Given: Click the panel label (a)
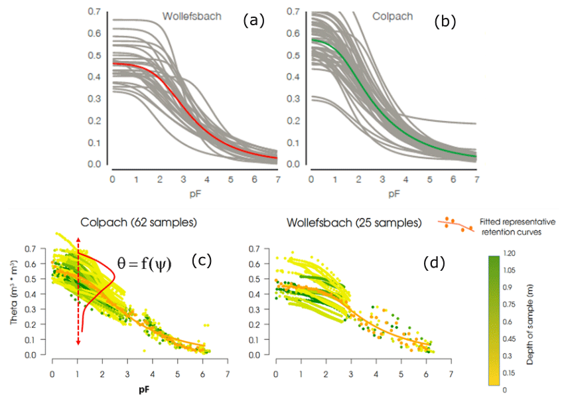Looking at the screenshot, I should pyautogui.click(x=253, y=21).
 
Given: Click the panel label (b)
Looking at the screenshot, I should pyautogui.click(x=445, y=21).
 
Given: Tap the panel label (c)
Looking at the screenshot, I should pyautogui.click(x=200, y=261).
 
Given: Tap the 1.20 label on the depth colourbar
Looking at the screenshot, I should pyautogui.click(x=512, y=254).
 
